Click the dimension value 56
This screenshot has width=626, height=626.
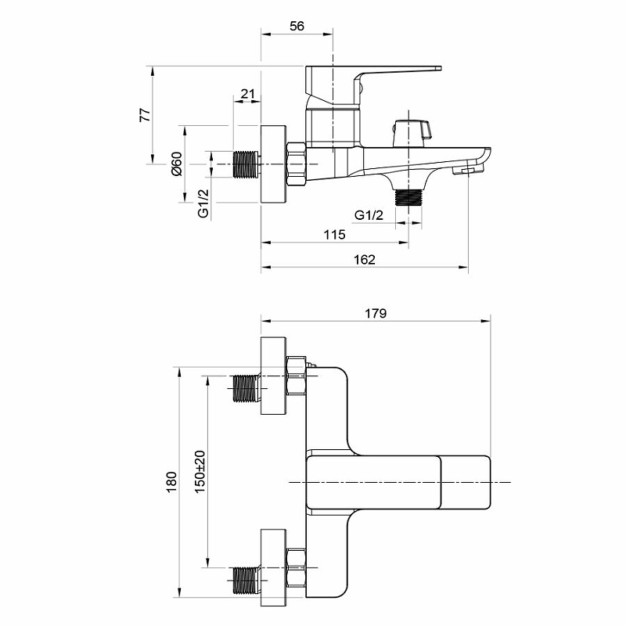pyautogui.click(x=297, y=26)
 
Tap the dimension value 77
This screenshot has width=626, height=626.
pyautogui.click(x=146, y=114)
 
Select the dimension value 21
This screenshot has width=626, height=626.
pyautogui.click(x=247, y=94)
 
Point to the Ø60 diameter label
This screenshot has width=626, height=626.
pyautogui.click(x=177, y=164)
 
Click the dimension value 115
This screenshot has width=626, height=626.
pyautogui.click(x=335, y=234)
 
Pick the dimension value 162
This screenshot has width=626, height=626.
pyautogui.click(x=365, y=260)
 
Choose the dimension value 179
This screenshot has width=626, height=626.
pyautogui.click(x=376, y=314)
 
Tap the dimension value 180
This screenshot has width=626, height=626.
pyautogui.click(x=171, y=482)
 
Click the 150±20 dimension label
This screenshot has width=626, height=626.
pyautogui.click(x=200, y=472)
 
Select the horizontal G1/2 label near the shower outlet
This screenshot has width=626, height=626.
pyautogui.click(x=369, y=215)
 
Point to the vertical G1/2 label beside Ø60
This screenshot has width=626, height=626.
pyautogui.click(x=203, y=203)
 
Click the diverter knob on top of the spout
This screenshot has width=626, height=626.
pyautogui.click(x=412, y=132)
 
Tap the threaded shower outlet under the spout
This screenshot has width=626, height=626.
pyautogui.click(x=408, y=197)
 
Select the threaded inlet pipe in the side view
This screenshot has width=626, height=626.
pyautogui.click(x=246, y=164)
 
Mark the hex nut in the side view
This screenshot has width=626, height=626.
pyautogui.click(x=297, y=164)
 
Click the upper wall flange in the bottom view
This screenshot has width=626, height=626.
pyautogui.click(x=273, y=376)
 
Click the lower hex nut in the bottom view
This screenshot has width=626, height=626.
pyautogui.click(x=297, y=568)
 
